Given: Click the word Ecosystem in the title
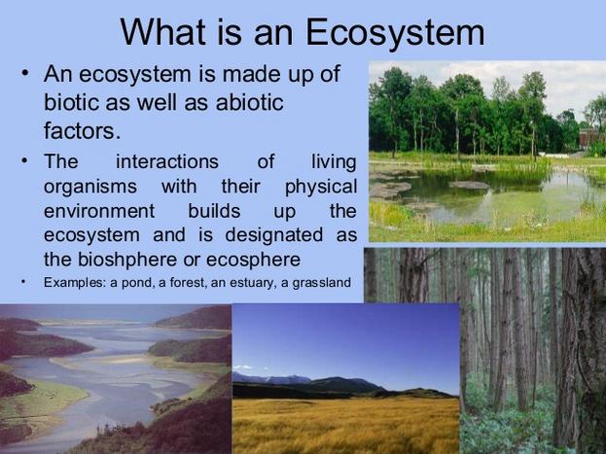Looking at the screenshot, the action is tap(395, 33).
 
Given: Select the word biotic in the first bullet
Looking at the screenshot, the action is tap(72, 102).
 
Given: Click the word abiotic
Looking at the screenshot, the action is tap(250, 102).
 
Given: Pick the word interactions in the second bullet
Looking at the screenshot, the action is tap(167, 161).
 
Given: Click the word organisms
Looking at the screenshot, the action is tap(90, 187).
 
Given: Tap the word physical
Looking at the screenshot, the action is tap(321, 187).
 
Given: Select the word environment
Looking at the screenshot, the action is tap(99, 211).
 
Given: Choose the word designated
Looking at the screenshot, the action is tap(274, 235).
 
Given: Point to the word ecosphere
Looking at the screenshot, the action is tap(253, 260).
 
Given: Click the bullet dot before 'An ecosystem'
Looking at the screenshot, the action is tap(25, 73).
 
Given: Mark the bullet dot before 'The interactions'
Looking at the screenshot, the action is tap(25, 159).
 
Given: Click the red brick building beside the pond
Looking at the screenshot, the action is tap(589, 138).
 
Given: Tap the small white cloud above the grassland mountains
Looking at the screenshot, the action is tap(243, 367).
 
